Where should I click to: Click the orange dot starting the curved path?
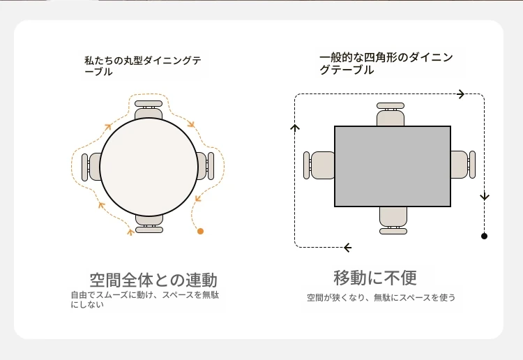point(200,231)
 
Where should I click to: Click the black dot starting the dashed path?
point(485,237)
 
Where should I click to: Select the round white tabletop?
point(149,167)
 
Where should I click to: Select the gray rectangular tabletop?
point(393,166)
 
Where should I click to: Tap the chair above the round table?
point(149,110)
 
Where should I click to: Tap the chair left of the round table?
point(91,167)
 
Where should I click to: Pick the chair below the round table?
point(149,223)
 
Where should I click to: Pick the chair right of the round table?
point(205,166)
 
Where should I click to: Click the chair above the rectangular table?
point(391,114)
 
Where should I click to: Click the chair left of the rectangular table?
point(319,165)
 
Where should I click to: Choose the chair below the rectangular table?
point(393,220)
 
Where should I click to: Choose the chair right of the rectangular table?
point(463,165)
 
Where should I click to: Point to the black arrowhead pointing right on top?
point(461,94)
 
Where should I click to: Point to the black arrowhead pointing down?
point(485,196)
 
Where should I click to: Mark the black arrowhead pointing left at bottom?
point(347,248)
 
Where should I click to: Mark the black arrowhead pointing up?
point(295,127)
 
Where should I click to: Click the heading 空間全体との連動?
point(153,280)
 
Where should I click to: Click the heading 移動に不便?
point(375,278)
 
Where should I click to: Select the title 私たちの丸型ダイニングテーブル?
point(143,66)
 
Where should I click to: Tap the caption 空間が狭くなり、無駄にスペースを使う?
point(381,297)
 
